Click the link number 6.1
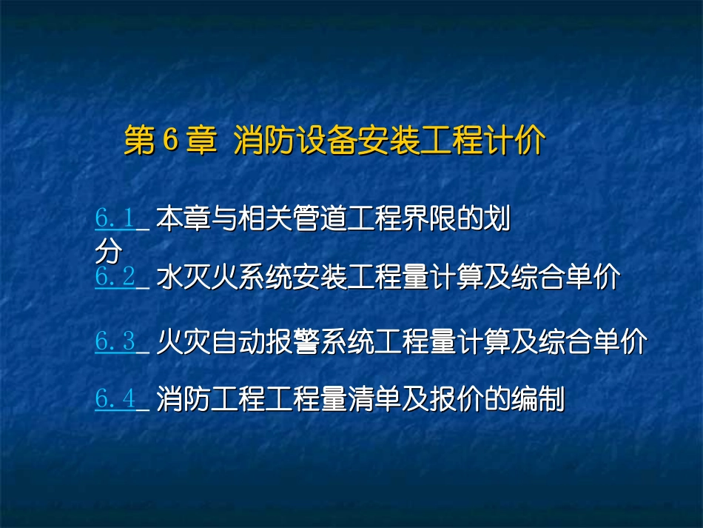click(115, 218)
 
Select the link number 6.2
click(115, 278)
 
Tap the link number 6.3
click(115, 341)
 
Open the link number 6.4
click(115, 400)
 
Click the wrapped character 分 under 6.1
click(107, 253)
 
